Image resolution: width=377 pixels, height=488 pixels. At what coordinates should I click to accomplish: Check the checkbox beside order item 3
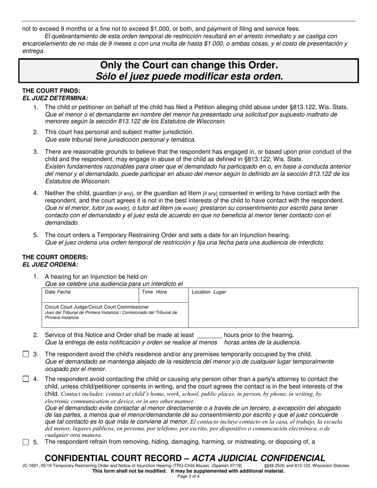tap(26, 354)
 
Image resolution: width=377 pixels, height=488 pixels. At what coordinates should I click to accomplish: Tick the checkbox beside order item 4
tap(26, 379)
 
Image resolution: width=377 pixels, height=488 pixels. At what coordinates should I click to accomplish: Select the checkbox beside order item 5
tap(26, 442)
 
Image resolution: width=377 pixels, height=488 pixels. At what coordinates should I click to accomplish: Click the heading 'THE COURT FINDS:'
tap(51, 91)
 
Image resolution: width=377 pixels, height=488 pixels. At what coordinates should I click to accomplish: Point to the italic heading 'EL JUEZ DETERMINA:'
tap(55, 98)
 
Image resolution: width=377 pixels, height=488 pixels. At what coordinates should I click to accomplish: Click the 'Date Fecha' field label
tap(58, 292)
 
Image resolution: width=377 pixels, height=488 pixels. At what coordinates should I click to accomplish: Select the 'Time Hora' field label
tap(154, 292)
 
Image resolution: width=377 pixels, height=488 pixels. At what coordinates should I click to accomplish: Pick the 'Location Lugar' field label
tap(209, 292)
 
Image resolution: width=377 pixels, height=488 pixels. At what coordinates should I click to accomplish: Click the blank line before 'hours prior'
tap(210, 336)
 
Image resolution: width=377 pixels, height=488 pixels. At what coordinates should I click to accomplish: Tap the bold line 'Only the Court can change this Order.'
tap(189, 65)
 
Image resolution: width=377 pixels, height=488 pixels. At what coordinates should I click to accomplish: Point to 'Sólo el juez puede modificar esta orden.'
tap(189, 76)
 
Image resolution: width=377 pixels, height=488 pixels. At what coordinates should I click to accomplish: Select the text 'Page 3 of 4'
tap(188, 476)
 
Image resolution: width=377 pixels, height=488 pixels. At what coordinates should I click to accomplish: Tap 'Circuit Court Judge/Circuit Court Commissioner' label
tap(97, 307)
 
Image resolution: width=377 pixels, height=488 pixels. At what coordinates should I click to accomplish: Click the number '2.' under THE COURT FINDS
tap(36, 132)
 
